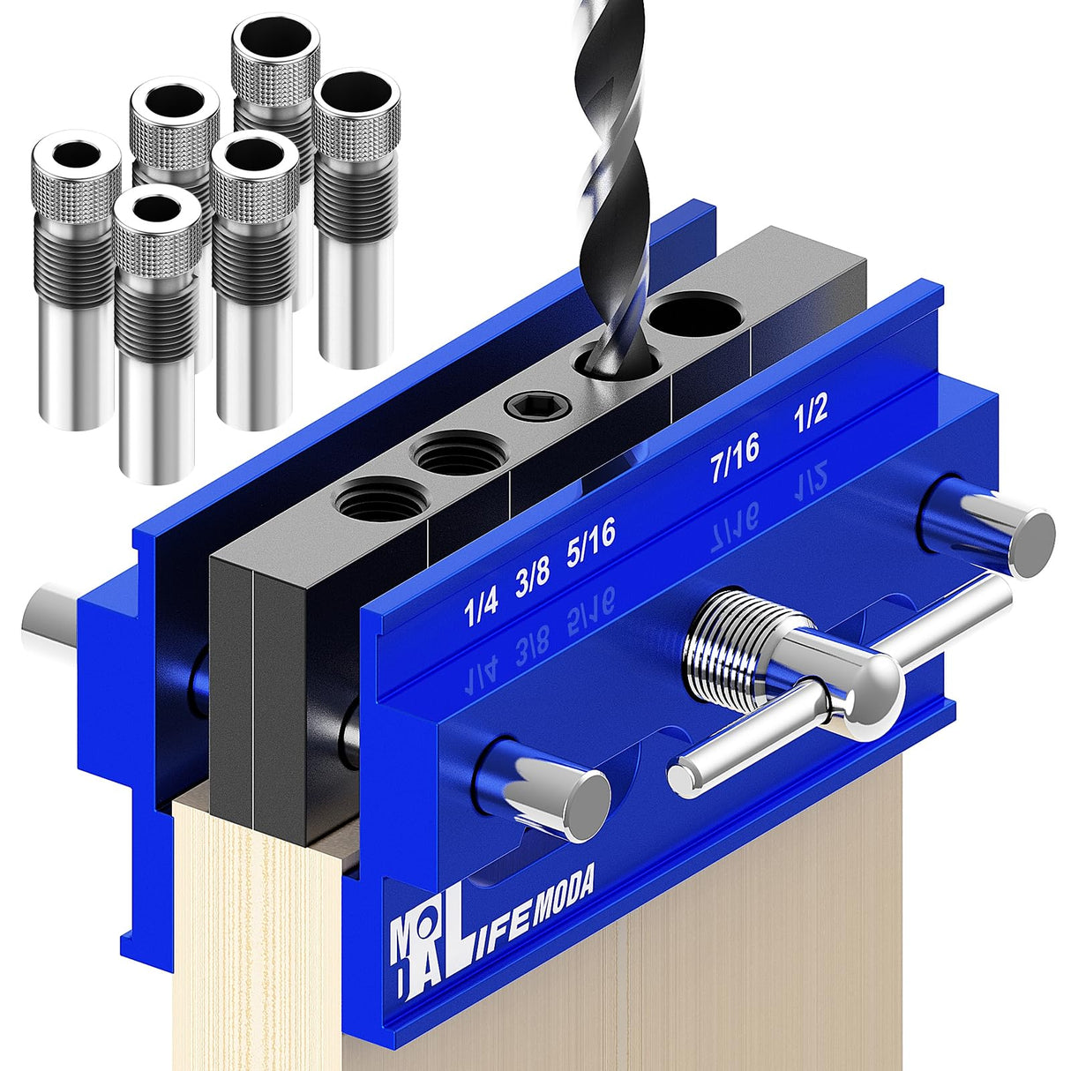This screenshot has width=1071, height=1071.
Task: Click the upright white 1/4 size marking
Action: coord(482,608)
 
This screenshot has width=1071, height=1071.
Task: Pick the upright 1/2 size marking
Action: coord(810,411)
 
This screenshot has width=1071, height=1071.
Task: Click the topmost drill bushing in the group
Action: coord(274,53)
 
